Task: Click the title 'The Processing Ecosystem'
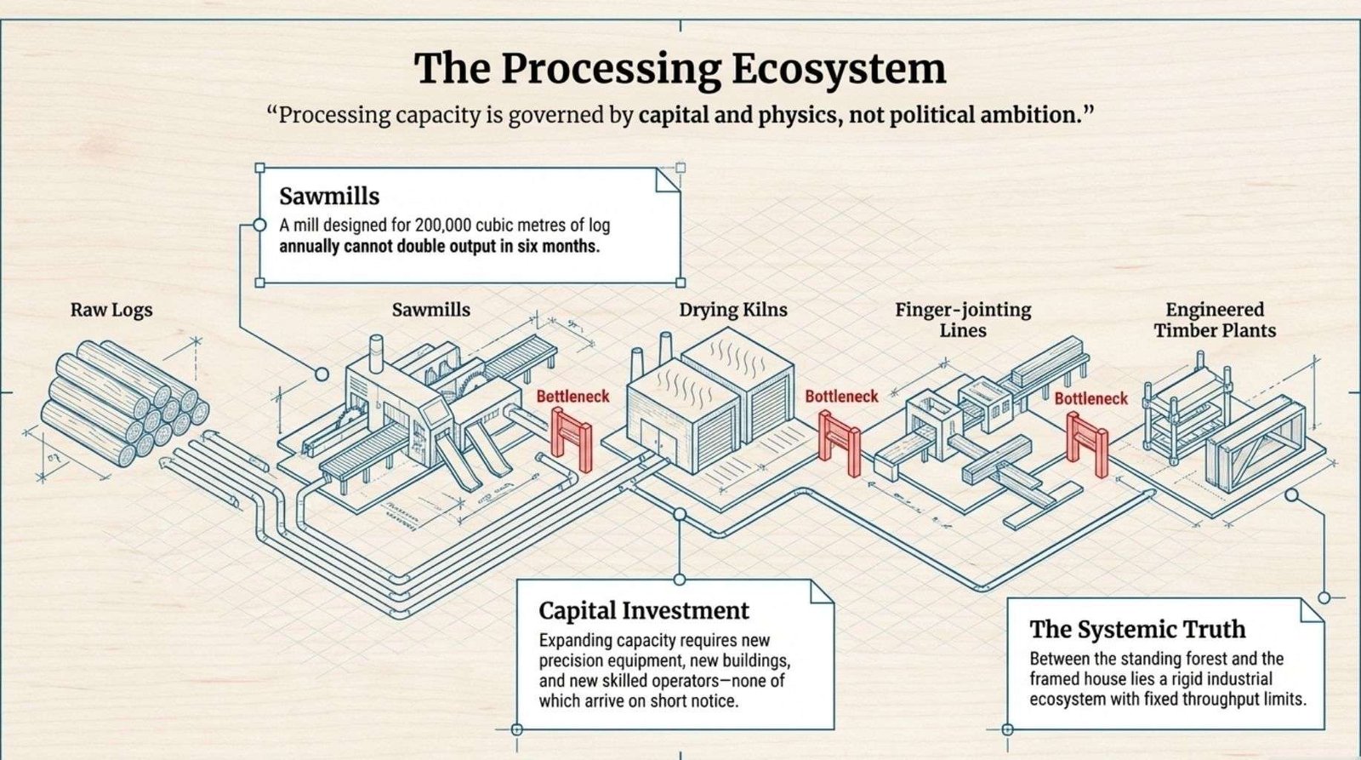(680, 69)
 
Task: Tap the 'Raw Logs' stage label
(111, 310)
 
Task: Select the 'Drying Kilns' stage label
(732, 310)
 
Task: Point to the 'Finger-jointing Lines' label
(963, 319)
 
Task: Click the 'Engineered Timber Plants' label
(1215, 319)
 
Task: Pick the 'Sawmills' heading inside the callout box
(329, 197)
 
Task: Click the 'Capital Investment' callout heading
(644, 610)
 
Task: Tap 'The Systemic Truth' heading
(1137, 629)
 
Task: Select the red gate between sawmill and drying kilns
(572, 436)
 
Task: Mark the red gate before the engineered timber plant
(1086, 444)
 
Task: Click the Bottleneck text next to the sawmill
(572, 397)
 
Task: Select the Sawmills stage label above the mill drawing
(430, 310)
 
